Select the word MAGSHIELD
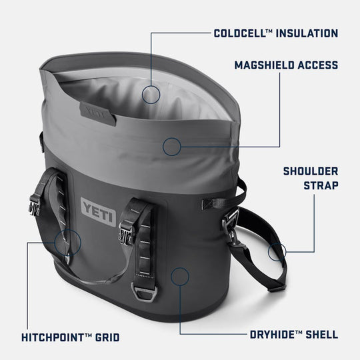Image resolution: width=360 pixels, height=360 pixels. click(262, 65)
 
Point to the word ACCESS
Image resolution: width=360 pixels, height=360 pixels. click(316, 65)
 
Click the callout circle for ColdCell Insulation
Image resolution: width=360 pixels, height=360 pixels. click(152, 93)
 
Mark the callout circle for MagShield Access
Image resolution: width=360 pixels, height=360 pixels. click(172, 145)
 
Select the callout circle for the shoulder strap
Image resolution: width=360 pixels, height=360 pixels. click(277, 251)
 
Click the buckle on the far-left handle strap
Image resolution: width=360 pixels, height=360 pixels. click(34, 205)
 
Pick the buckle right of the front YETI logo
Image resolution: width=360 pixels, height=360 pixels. click(127, 231)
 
